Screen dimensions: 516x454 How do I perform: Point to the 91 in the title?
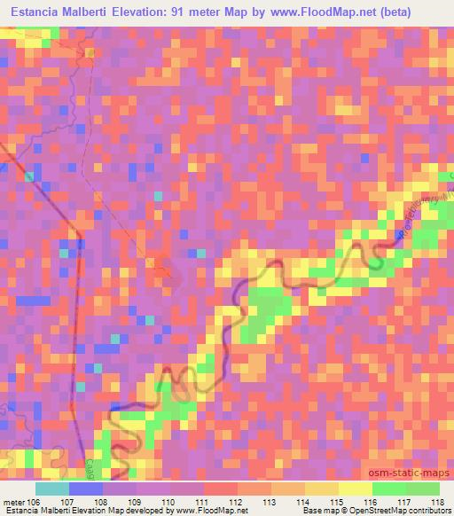(227, 13)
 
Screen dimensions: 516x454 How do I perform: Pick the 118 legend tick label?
(438, 502)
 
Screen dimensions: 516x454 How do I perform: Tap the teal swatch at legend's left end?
(52, 489)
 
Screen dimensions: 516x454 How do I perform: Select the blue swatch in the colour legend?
(86, 489)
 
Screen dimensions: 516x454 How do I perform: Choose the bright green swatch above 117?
(389, 489)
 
